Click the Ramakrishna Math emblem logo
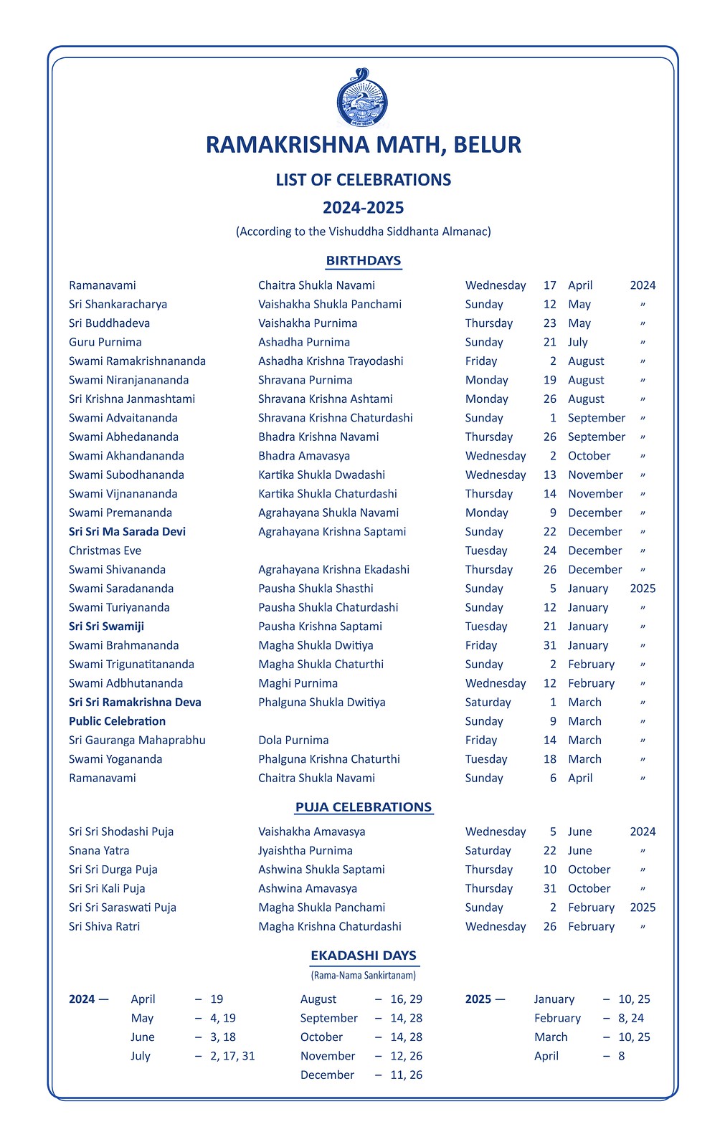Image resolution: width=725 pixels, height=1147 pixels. tap(362, 99)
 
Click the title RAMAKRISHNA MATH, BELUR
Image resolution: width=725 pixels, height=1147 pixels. tap(363, 145)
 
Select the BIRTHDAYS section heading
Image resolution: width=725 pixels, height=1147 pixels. tap(363, 260)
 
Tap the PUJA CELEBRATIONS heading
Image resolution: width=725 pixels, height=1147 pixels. tap(363, 806)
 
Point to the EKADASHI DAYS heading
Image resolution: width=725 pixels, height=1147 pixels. tap(363, 955)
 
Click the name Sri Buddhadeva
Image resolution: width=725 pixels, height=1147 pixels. tap(109, 323)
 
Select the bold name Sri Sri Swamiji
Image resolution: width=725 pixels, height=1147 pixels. tap(106, 627)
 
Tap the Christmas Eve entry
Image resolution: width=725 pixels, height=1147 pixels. tap(105, 551)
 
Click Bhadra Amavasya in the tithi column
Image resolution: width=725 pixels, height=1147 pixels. tap(304, 456)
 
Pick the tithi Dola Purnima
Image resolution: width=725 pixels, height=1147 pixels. tap(293, 740)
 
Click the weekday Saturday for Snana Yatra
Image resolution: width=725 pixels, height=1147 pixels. tap(488, 850)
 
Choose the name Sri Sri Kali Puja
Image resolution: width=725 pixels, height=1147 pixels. tap(107, 888)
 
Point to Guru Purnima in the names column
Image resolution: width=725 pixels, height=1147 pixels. tap(105, 342)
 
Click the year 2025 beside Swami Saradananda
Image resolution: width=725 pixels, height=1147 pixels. tap(643, 589)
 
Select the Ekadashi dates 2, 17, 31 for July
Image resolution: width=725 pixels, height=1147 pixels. tap(232, 1056)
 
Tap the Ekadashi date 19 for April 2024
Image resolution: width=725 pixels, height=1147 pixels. tap(217, 999)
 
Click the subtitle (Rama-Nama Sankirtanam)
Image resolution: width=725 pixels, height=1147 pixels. tap(363, 975)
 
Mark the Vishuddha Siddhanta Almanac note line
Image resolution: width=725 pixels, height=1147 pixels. tap(363, 232)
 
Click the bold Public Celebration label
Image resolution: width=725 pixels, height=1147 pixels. tap(117, 721)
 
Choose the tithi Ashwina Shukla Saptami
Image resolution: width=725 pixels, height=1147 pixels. tap(321, 870)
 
